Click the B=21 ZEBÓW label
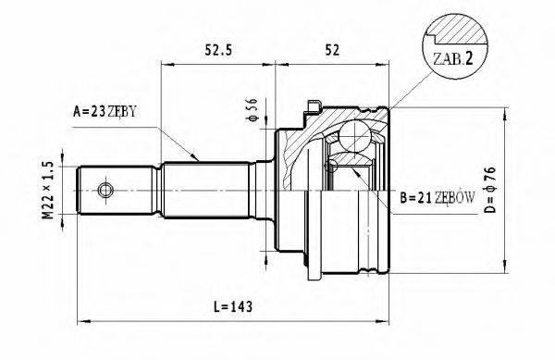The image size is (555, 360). (x=438, y=197)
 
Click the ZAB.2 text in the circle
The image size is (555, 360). (x=452, y=58)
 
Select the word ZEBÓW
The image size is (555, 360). (x=457, y=197)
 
